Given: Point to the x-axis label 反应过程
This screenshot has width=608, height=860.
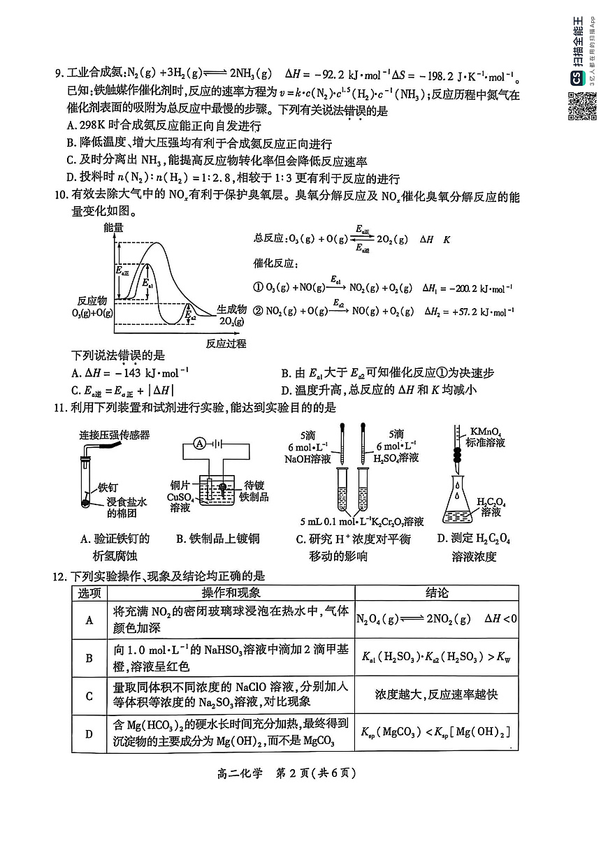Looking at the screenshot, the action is pos(226,344).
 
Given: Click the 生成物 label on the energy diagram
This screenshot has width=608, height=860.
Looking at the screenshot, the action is pos(231,309).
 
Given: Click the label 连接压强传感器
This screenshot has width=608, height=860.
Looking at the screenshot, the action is pos(114,435).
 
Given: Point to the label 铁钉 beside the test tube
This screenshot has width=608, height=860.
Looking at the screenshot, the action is pos(109,488).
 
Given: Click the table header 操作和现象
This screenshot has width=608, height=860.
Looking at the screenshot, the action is pos(231,593).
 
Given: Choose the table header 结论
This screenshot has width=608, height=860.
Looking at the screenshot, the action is pos(437,593).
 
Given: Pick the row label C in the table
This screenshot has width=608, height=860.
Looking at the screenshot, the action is pos(89,696).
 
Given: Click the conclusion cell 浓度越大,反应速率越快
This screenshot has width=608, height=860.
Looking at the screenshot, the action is pos(436,696).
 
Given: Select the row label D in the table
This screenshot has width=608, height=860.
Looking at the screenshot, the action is pos(89,734).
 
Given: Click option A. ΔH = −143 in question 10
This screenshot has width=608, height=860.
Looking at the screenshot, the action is pos(131,373).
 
